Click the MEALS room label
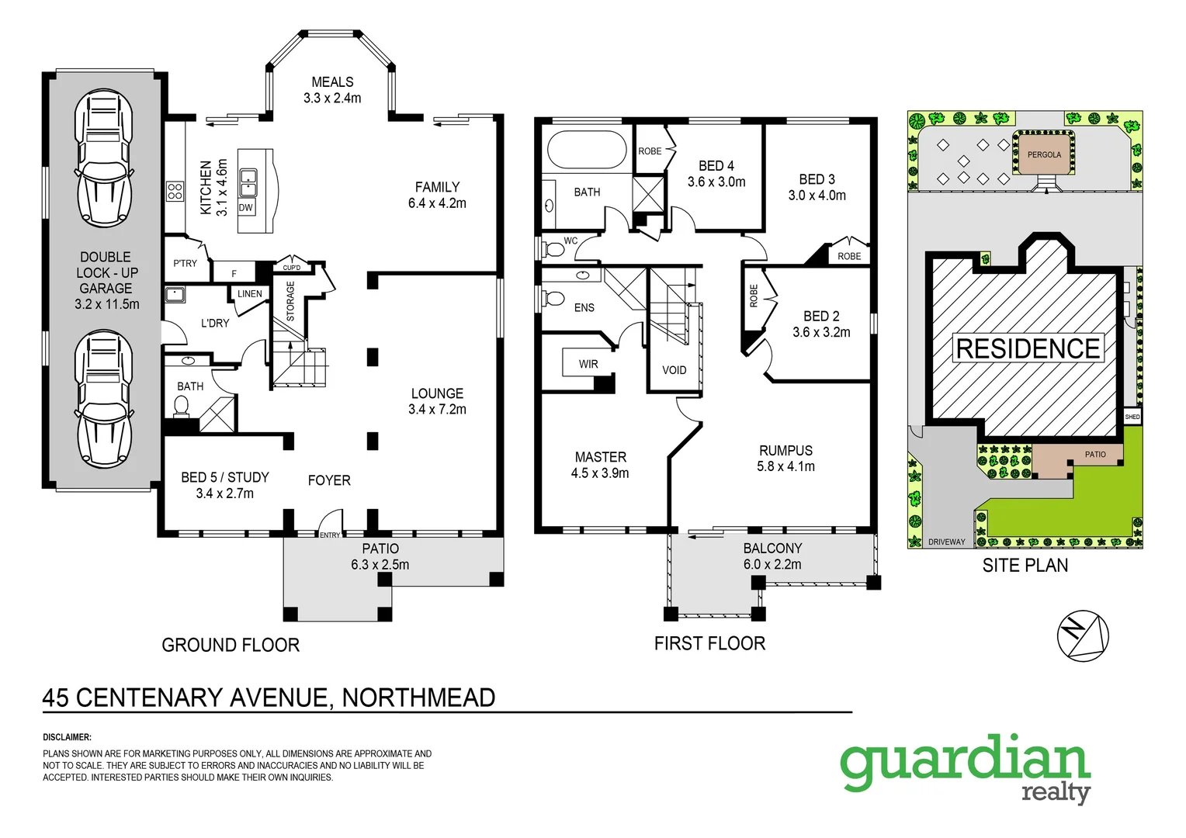[x=332, y=82]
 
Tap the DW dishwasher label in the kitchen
[x=246, y=208]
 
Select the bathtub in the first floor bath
[x=587, y=150]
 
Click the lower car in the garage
[x=103, y=398]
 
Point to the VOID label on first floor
[x=674, y=370]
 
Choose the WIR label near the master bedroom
[x=588, y=364]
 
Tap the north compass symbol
[x=1082, y=636]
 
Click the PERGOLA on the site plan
[x=1044, y=154]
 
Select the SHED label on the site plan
[x=1132, y=417]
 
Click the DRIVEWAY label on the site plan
[x=946, y=542]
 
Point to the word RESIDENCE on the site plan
[x=1028, y=348]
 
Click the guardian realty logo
[x=966, y=767]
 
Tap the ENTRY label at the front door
[x=330, y=535]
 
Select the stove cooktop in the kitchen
[x=175, y=191]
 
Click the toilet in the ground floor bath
[x=182, y=406]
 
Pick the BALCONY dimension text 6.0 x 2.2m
[x=772, y=564]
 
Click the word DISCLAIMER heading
[x=68, y=737]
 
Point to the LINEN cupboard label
[x=250, y=294]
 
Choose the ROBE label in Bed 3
[x=849, y=256]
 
